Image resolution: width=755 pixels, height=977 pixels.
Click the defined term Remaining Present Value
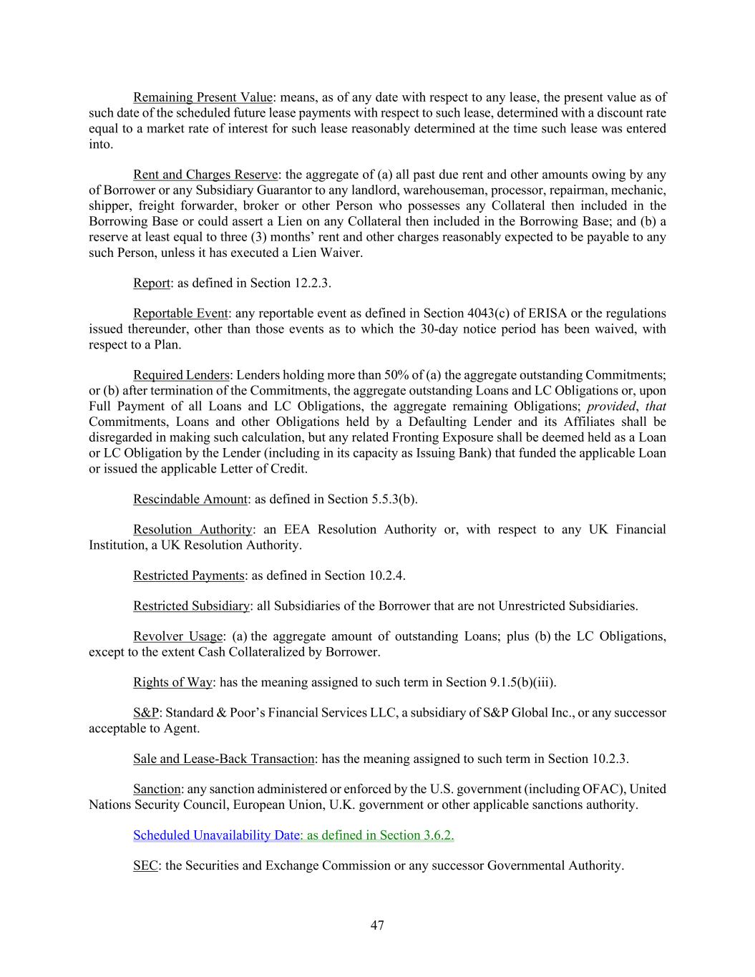[203, 97]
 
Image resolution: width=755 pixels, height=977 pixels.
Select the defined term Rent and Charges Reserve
[205, 175]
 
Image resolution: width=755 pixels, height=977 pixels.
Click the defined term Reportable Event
[180, 313]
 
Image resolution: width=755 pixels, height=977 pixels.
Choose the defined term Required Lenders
[181, 375]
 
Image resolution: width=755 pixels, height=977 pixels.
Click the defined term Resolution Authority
[193, 530]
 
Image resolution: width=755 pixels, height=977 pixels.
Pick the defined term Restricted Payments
[189, 575]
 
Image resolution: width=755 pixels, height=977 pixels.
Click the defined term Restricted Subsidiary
[191, 606]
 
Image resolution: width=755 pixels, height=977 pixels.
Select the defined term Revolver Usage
[178, 636]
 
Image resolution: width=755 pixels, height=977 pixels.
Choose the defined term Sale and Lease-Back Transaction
[223, 759]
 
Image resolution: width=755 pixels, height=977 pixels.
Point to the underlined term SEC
[145, 865]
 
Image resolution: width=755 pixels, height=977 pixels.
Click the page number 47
[377, 925]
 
